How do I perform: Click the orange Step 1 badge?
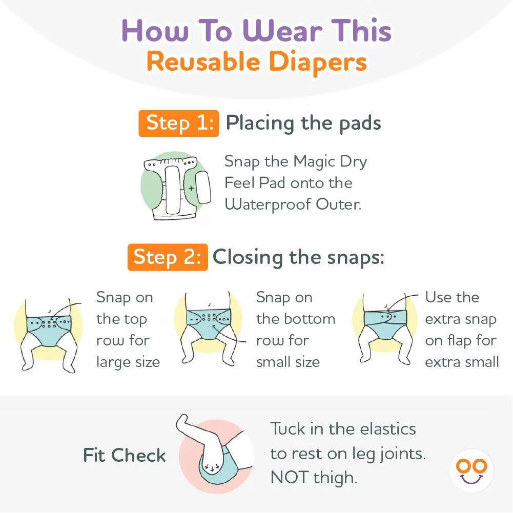coord(179,124)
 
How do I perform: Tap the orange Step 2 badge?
coord(168,257)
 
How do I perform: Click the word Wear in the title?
coord(282,31)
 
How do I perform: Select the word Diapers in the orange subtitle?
coord(318,62)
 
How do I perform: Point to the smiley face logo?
coord(471,470)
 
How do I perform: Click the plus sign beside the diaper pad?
coord(191,188)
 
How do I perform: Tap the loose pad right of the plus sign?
coord(203,188)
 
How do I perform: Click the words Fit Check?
coord(125,455)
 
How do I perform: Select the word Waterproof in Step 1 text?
coord(268,205)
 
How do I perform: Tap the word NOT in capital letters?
coord(290,477)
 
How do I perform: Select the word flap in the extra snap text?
coord(459,341)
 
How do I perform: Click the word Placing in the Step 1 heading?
coord(260,124)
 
